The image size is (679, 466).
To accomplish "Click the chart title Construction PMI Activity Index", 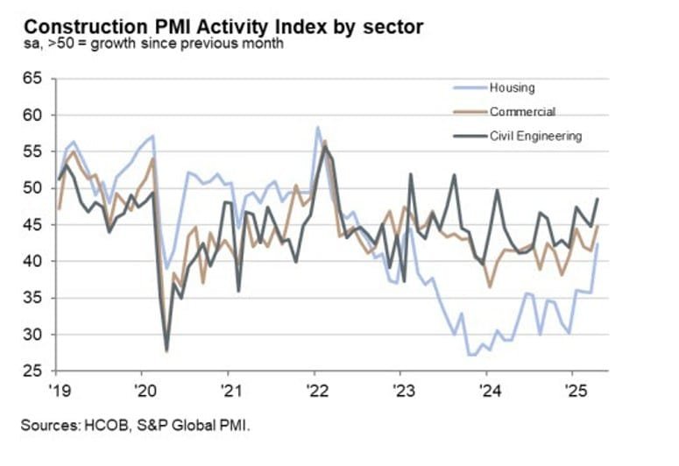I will (223, 26).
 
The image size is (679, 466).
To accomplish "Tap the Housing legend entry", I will (512, 88).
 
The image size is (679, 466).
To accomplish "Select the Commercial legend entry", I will (522, 111).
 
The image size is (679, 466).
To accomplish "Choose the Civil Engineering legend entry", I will (535, 136).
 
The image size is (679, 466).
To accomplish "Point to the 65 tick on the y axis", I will (33, 79).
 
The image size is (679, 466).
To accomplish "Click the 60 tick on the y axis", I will (33, 115).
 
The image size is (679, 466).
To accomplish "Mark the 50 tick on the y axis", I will (33, 188).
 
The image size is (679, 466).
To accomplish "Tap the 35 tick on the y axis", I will (33, 298).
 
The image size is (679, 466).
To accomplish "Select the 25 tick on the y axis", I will (33, 371).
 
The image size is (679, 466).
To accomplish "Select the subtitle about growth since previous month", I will (153, 44).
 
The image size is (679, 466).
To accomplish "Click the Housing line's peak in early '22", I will (317, 128).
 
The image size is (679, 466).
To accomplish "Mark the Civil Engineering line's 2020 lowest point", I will (166, 350).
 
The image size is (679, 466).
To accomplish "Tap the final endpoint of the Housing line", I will (598, 244).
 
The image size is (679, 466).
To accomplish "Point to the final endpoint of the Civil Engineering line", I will (598, 199).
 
